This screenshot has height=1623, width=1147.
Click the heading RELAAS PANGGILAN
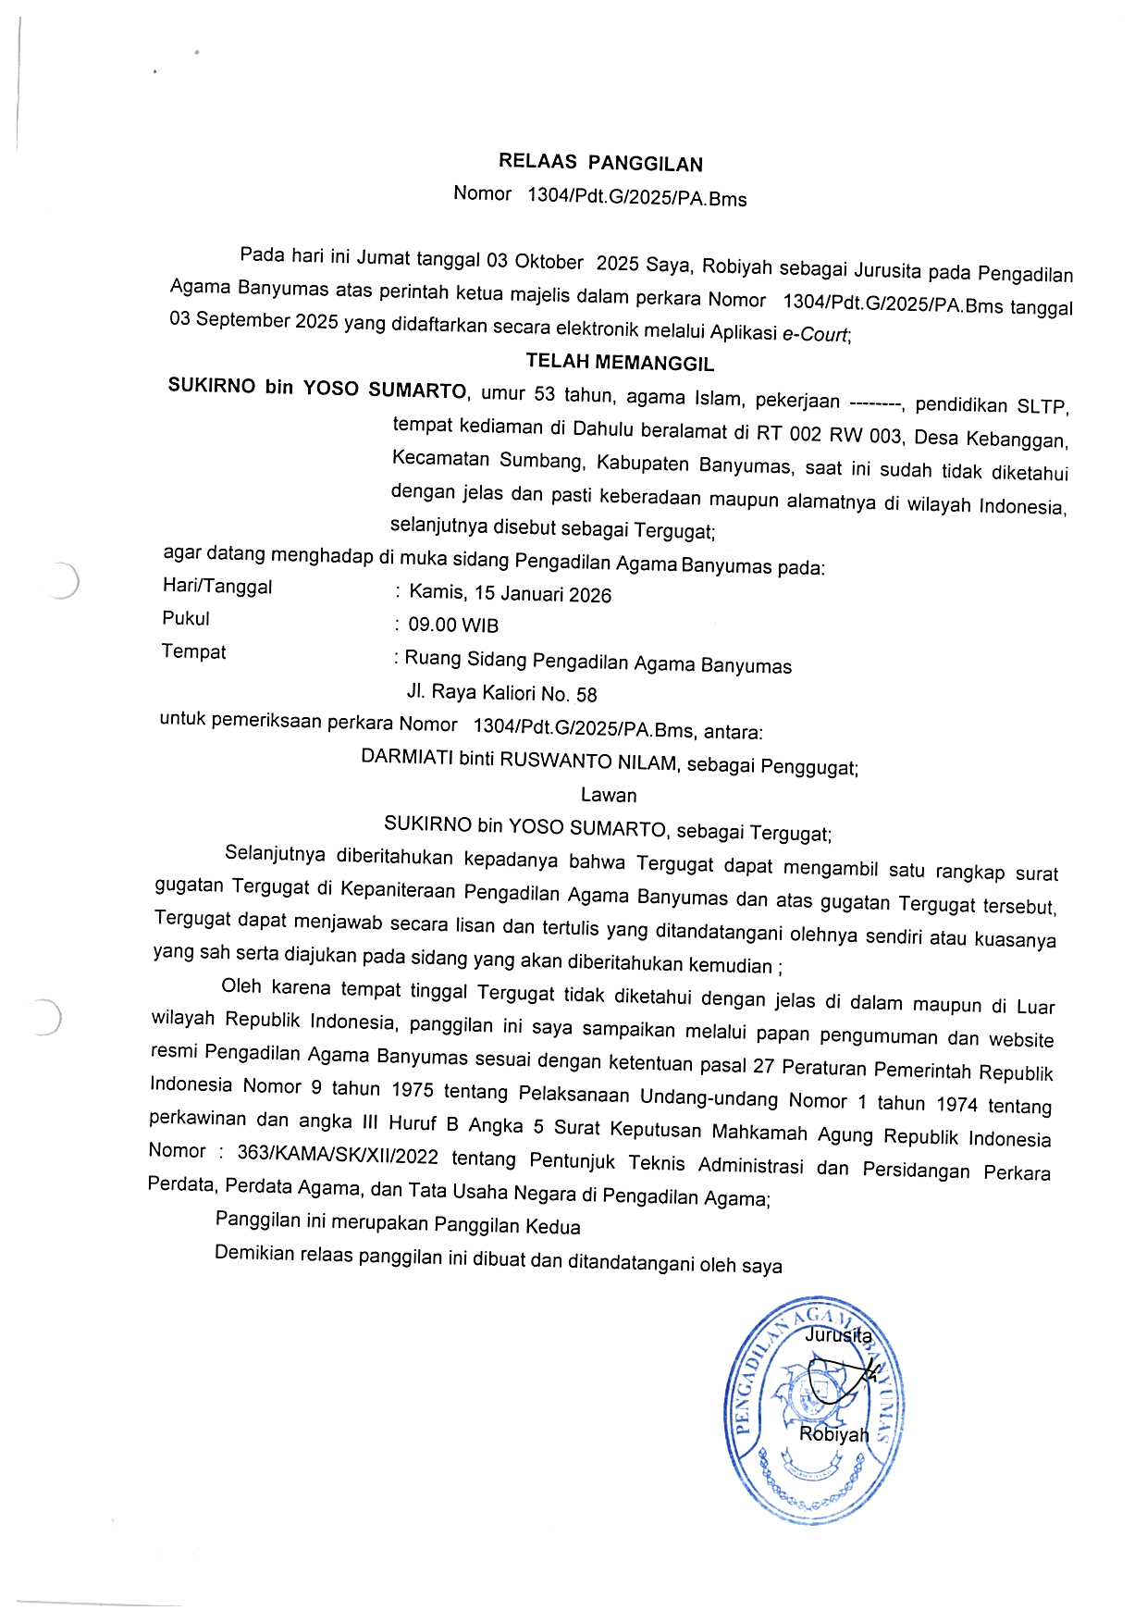(x=600, y=163)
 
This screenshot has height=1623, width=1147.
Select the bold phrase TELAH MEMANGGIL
(x=620, y=362)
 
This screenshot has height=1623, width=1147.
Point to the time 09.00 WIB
(x=453, y=626)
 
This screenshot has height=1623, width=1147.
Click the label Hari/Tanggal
(x=217, y=586)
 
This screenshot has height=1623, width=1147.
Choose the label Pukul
(x=186, y=618)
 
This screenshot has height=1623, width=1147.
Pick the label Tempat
(x=193, y=651)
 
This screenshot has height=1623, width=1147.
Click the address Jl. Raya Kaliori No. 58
(x=502, y=693)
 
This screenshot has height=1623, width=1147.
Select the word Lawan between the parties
(x=609, y=795)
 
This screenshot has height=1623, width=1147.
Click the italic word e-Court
(x=815, y=335)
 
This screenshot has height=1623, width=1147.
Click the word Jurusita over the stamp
(x=838, y=1335)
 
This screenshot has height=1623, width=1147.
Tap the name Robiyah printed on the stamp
(x=833, y=1434)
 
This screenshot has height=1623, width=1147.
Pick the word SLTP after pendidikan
(x=1042, y=407)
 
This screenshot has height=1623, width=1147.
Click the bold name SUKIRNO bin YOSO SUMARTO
(x=317, y=388)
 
